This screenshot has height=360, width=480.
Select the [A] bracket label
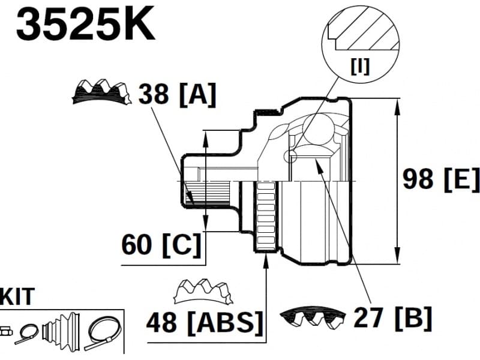(197, 94)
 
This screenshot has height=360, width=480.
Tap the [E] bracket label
(461, 179)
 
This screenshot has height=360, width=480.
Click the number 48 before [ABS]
(162, 322)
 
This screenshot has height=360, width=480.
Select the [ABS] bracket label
(224, 322)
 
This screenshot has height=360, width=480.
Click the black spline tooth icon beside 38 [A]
(101, 91)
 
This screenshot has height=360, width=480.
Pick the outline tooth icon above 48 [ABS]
(202, 292)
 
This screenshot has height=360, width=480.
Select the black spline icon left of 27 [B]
(313, 316)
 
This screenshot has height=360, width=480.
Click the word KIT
(17, 296)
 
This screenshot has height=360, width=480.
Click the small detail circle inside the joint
(291, 157)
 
